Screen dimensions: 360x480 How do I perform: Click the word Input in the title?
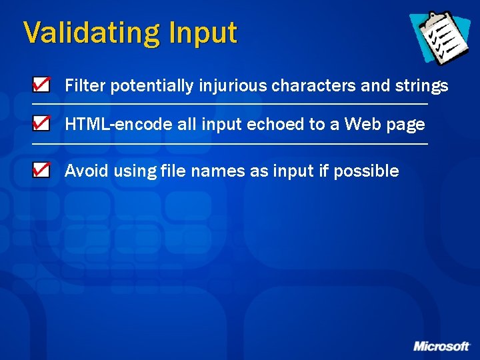(x=203, y=33)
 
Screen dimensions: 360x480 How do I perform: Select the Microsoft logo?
(x=441, y=346)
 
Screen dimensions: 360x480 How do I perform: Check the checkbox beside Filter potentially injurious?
(x=41, y=85)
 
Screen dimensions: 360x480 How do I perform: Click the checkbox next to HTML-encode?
(x=41, y=123)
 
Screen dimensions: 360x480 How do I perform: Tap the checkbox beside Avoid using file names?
(x=41, y=170)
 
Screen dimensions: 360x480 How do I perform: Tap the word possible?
(x=366, y=171)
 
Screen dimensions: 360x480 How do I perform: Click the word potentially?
(x=152, y=86)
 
